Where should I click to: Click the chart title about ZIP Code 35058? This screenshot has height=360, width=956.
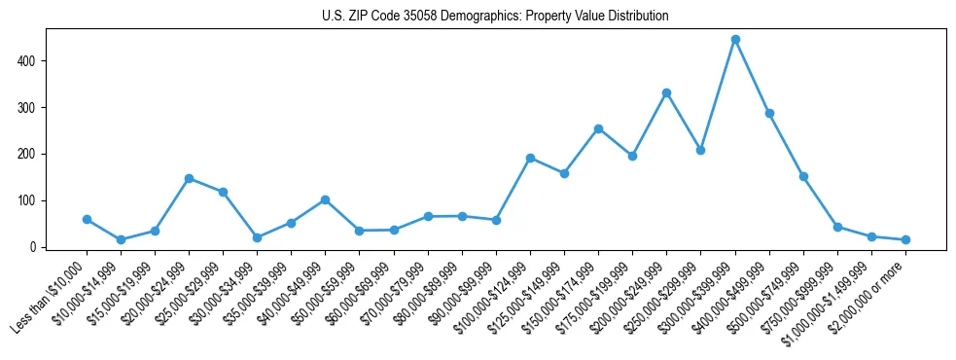click(x=495, y=16)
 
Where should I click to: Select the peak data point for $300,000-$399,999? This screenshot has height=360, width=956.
click(x=735, y=40)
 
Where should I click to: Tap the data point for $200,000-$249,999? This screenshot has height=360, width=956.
click(x=666, y=92)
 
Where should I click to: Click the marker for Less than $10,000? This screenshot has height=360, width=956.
click(x=87, y=220)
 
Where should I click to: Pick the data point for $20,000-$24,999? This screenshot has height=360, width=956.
click(x=189, y=178)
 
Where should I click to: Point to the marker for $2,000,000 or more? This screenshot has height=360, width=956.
click(x=905, y=239)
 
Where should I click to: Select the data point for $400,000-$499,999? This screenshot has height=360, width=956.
click(x=769, y=113)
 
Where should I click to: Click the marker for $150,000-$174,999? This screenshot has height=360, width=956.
click(x=598, y=128)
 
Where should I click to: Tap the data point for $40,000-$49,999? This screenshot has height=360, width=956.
click(x=325, y=199)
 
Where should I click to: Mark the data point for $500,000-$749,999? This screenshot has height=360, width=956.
click(x=803, y=177)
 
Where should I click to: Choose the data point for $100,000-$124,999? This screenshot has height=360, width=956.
click(x=530, y=158)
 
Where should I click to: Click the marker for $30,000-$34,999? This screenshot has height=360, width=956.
click(x=257, y=237)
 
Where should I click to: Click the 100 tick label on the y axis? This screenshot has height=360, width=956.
click(x=34, y=200)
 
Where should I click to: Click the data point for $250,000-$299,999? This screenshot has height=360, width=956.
click(x=700, y=150)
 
